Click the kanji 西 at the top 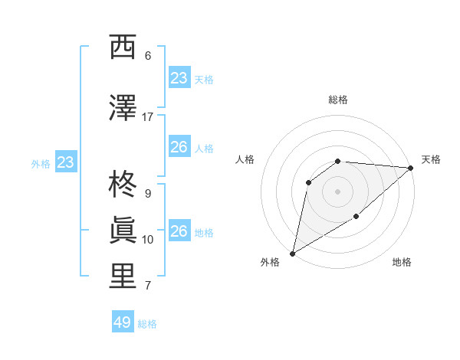coord(123,47)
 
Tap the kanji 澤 coord(123,108)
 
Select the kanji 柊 coord(123,185)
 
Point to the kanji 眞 coord(123,231)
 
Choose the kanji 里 coord(123,277)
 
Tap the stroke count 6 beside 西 coord(147,56)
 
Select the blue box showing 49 coord(123,322)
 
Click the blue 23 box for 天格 coord(179,78)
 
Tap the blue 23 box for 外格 coord(65,162)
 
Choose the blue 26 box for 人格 coord(179,147)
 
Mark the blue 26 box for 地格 coord(179,231)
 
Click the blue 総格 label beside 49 coord(147,324)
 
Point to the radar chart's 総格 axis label coord(337,100)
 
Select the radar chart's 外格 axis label coord(270,263)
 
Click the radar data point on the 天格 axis coord(411,168)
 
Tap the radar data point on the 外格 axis coord(292,253)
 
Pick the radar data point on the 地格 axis coord(356,217)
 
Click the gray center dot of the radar coord(337,191)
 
